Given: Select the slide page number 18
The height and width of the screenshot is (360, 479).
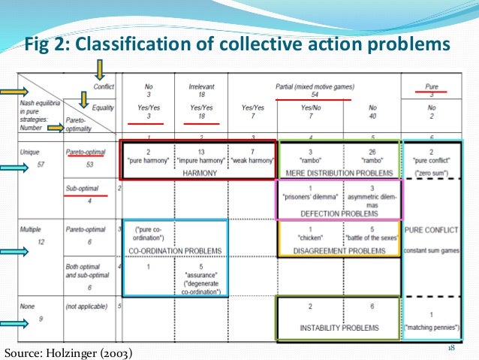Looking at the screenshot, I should tap(452, 348).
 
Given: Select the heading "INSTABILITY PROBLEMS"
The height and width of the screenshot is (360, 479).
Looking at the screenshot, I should tap(339, 328).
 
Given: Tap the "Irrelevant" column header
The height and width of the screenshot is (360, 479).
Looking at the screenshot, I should tap(200, 86).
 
